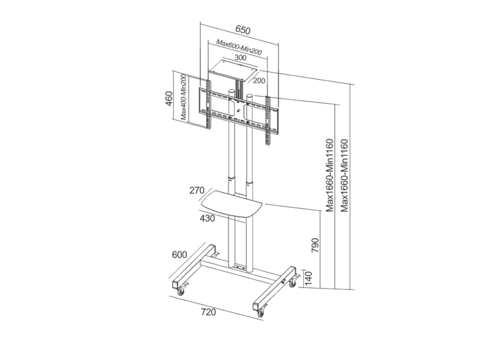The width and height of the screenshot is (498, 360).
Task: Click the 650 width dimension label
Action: [x=243, y=30]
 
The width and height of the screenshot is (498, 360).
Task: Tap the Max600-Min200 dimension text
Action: [x=239, y=47]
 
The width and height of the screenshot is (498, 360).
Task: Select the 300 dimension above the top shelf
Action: [x=241, y=58]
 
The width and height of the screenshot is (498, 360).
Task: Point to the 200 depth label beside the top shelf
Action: [x=259, y=81]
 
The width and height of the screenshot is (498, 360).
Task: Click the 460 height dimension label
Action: [x=169, y=99]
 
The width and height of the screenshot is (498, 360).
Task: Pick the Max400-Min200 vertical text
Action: [x=183, y=97]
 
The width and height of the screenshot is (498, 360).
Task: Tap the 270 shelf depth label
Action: [x=197, y=191]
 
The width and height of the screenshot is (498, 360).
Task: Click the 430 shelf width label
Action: [x=207, y=218]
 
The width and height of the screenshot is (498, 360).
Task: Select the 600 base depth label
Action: [x=179, y=255]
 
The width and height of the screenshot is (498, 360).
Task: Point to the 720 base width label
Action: [x=209, y=312]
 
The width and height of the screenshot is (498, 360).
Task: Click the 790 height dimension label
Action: [x=315, y=245]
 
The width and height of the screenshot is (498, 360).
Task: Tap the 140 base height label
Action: [x=308, y=277]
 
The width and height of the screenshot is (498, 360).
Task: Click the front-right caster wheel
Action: [x=261, y=314]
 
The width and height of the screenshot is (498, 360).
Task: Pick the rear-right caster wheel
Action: [x=292, y=284]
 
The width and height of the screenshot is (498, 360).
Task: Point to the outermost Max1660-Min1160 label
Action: [x=345, y=175]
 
